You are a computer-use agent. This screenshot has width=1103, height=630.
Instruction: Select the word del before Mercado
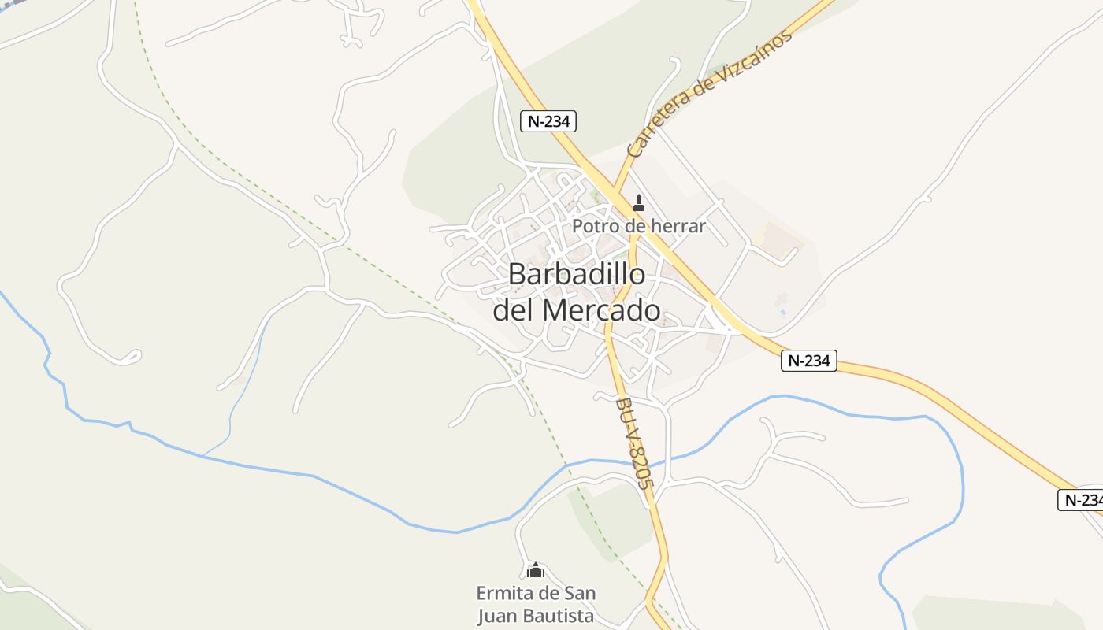(x=514, y=310)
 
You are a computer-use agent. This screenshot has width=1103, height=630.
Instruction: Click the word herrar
(x=678, y=226)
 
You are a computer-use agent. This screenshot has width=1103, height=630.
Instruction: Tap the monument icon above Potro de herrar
(x=639, y=203)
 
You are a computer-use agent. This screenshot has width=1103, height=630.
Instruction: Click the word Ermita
(x=501, y=592)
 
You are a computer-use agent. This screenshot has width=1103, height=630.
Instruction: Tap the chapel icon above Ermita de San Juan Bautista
(x=536, y=569)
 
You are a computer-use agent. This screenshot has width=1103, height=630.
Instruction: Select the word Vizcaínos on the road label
(x=748, y=60)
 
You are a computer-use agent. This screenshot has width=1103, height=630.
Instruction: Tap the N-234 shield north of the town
(x=548, y=121)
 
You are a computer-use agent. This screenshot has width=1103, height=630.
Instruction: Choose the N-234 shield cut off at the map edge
(x=1080, y=499)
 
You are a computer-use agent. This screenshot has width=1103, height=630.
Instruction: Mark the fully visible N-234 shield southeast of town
(x=808, y=361)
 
